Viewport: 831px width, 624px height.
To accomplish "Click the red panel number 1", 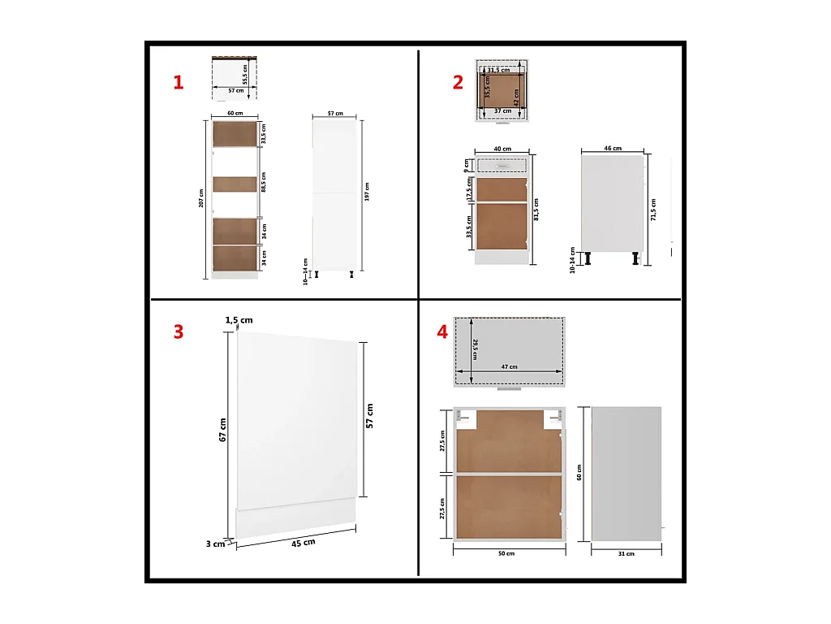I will [178, 82].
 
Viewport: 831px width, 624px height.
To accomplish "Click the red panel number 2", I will [458, 82].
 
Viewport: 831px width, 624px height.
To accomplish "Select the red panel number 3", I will [178, 331].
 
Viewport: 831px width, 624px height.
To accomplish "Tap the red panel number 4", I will [442, 331].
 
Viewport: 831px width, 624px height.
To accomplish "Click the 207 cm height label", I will [202, 198].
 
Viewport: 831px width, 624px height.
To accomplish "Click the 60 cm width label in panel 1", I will [235, 114].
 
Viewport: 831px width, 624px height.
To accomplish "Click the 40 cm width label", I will [502, 149].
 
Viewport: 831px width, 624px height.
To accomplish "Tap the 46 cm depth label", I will [613, 149].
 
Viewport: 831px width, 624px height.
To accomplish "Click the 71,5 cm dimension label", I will [653, 210].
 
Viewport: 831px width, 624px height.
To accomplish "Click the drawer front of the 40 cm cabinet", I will [502, 165].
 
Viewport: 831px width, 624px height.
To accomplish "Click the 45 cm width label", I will [303, 542].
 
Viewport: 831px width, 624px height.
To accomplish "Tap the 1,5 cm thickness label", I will [239, 320].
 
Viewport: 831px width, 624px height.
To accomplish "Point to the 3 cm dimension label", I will [214, 544].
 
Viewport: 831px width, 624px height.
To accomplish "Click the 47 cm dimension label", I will [509, 367].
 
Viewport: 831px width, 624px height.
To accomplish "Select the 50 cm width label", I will [506, 553].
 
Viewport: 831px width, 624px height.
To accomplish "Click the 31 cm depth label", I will [626, 553].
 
